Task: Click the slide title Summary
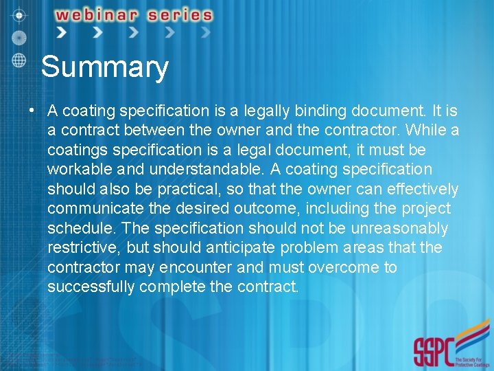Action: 104,67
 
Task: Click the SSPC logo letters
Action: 434,351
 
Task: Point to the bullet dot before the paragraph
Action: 32,111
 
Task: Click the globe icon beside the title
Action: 19,59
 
